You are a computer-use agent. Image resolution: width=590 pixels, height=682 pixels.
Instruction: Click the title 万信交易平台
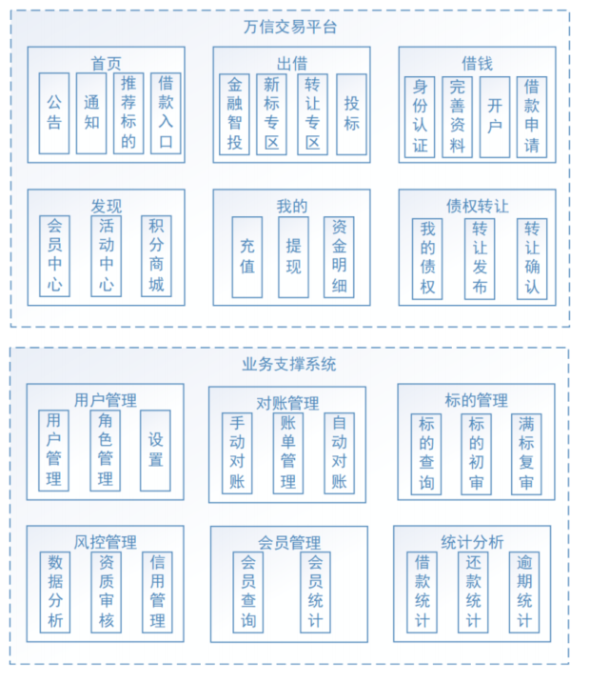(x=290, y=27)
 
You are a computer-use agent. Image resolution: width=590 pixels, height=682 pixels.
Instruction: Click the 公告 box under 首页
(x=54, y=112)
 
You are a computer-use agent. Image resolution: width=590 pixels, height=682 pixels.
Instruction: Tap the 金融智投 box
(x=235, y=114)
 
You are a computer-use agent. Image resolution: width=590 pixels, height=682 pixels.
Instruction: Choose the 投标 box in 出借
(x=351, y=114)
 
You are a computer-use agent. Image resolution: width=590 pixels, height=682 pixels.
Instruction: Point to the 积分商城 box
(x=156, y=254)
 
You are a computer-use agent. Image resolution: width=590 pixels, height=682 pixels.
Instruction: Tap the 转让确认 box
(x=533, y=258)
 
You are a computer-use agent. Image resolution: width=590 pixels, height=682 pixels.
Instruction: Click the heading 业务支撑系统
(x=289, y=364)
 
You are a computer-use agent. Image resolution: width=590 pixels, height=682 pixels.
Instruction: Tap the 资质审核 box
(x=106, y=591)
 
